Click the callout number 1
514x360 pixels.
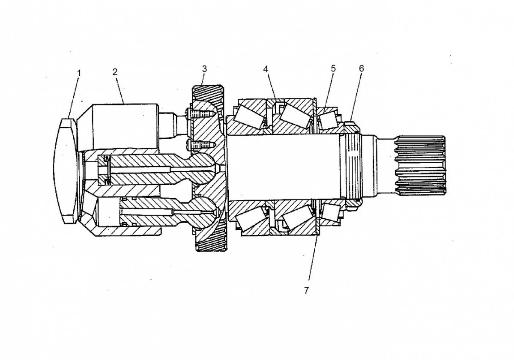(79, 73)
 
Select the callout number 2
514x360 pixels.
(115, 71)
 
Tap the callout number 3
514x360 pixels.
(205, 68)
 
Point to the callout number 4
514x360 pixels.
(266, 68)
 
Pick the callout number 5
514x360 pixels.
(333, 68)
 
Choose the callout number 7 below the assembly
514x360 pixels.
(306, 290)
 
